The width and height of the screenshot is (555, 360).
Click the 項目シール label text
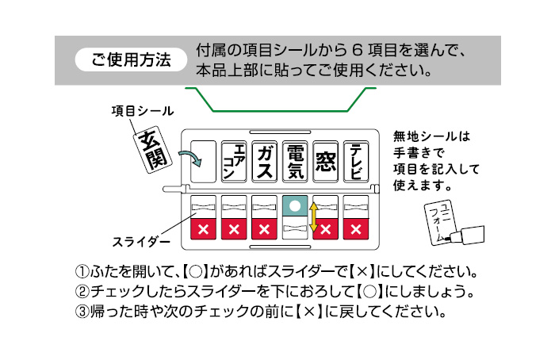click(x=142, y=110)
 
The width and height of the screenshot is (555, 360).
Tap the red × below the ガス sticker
click(x=266, y=229)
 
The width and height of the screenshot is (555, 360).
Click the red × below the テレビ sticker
click(x=357, y=229)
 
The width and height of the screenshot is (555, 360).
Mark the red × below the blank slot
click(x=204, y=229)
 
